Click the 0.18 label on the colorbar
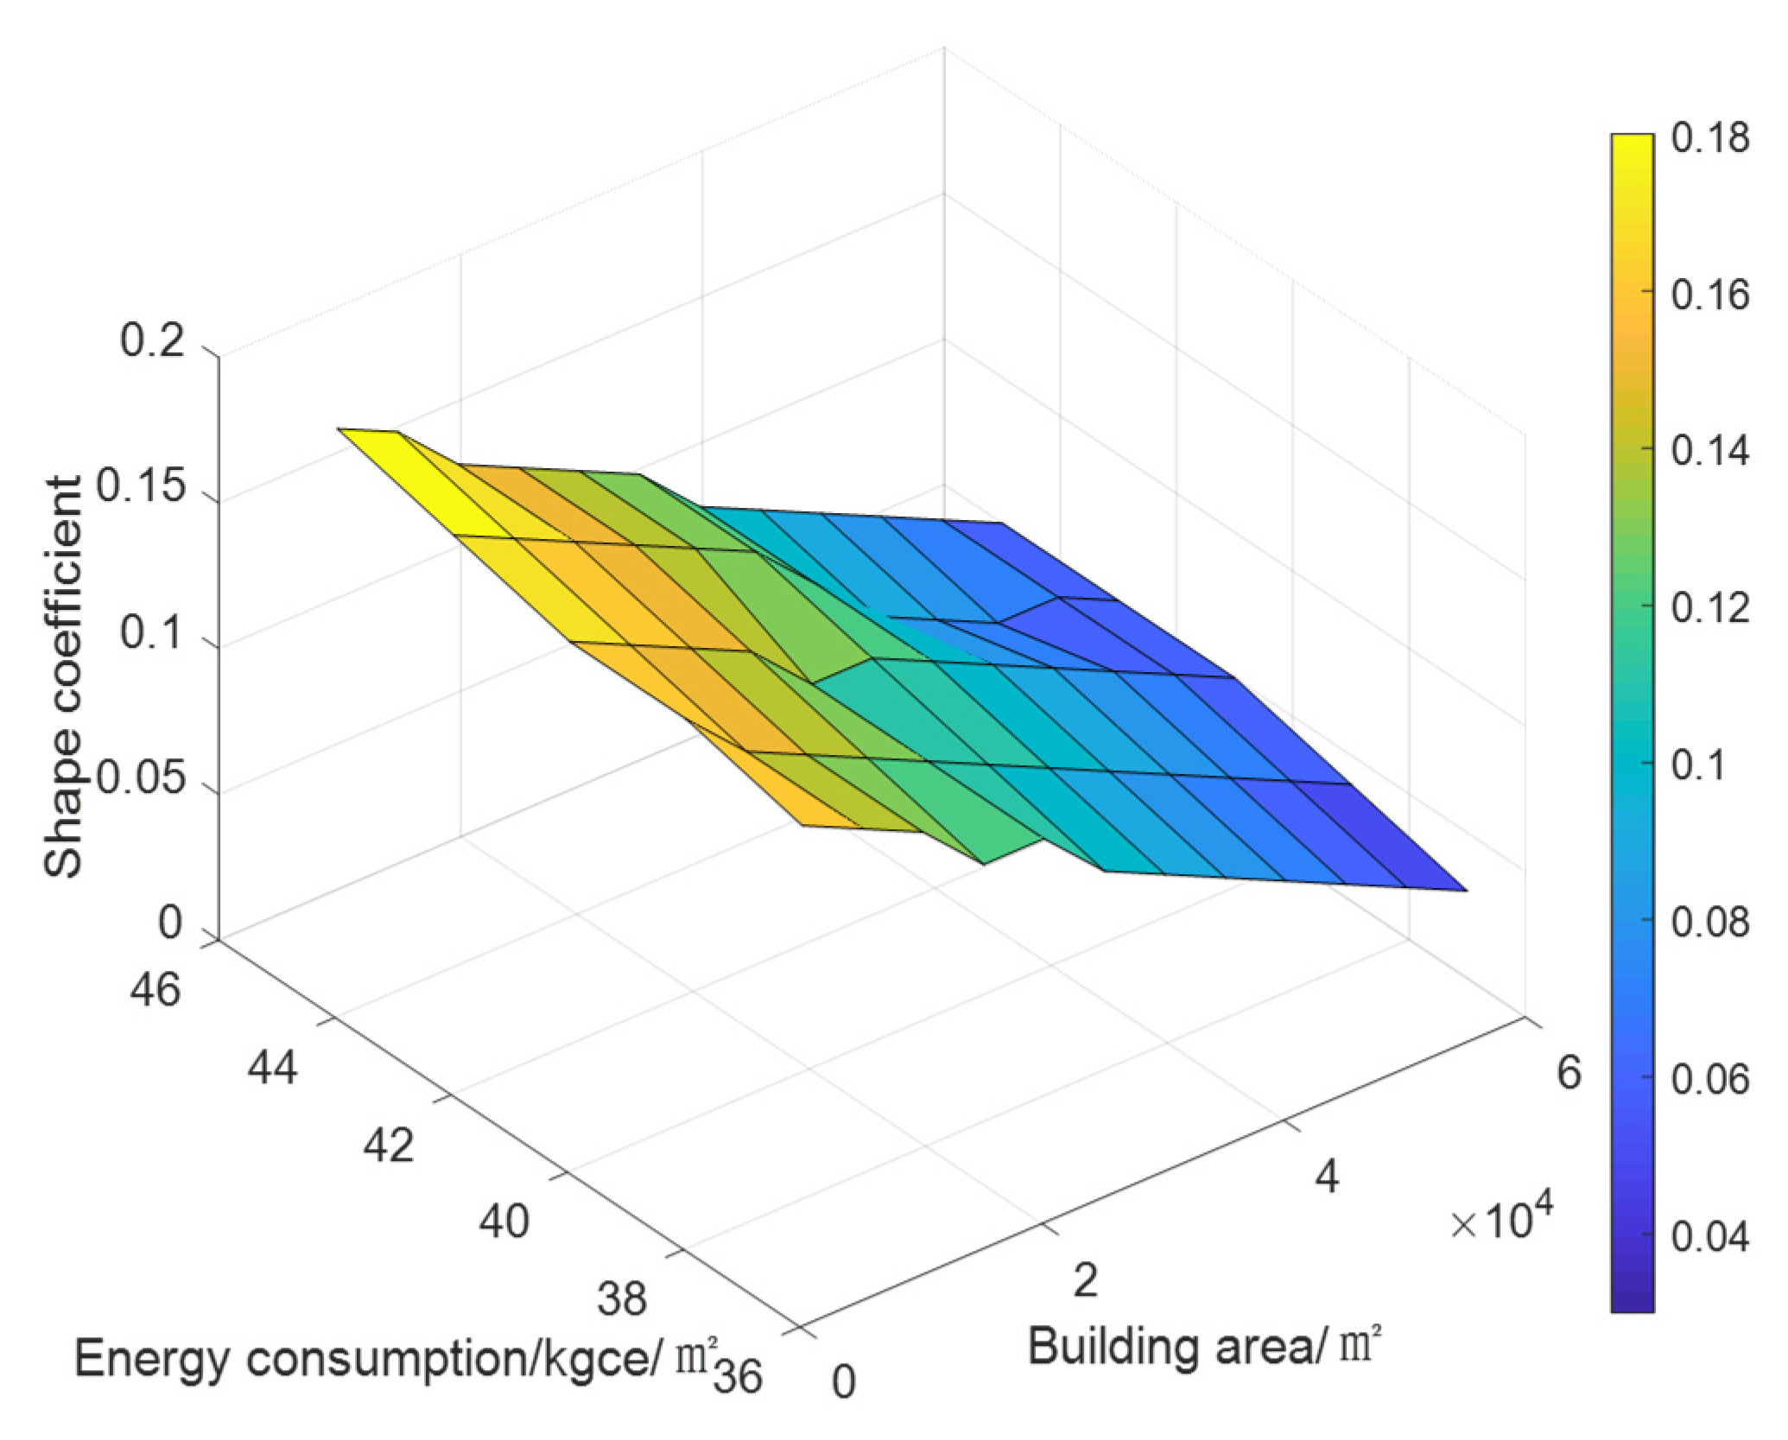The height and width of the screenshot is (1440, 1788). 1709,138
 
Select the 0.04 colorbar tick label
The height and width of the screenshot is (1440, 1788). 1709,1236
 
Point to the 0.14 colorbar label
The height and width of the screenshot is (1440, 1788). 1709,452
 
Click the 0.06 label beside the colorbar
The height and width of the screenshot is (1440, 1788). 1709,1079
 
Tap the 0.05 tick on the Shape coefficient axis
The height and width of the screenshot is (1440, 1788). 140,780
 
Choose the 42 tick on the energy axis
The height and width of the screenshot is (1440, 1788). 388,1145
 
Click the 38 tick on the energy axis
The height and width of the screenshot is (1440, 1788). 621,1298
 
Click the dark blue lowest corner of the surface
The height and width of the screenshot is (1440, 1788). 1463,888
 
